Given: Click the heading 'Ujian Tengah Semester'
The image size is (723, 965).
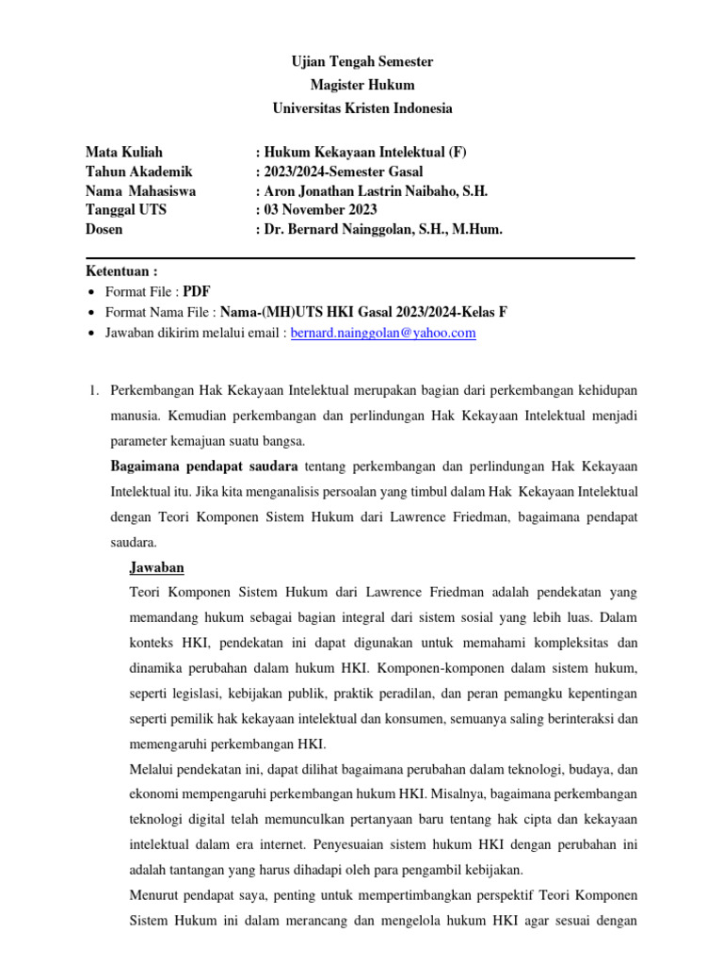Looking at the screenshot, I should pyautogui.click(x=361, y=61).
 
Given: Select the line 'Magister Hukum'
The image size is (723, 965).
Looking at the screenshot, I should pyautogui.click(x=361, y=85).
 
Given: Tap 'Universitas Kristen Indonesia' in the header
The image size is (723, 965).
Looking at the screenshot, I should pyautogui.click(x=361, y=108).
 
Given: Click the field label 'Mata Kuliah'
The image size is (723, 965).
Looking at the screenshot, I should pyautogui.click(x=123, y=152).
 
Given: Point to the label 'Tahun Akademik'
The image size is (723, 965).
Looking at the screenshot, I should pyautogui.click(x=138, y=171).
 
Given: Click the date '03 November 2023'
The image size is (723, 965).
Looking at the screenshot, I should pyautogui.click(x=320, y=209).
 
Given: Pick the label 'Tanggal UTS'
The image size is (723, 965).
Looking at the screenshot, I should pyautogui.click(x=126, y=209).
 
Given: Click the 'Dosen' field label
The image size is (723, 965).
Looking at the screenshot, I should pyautogui.click(x=104, y=228).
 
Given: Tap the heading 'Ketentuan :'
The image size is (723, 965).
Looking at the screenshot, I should pyautogui.click(x=121, y=271).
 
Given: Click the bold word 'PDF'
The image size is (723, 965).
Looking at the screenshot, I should pyautogui.click(x=197, y=291).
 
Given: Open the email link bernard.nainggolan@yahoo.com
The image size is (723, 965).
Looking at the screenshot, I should pyautogui.click(x=383, y=333).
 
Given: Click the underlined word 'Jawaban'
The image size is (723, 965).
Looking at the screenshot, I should pyautogui.click(x=155, y=567).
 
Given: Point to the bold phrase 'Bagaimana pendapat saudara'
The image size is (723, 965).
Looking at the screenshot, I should pyautogui.click(x=204, y=466).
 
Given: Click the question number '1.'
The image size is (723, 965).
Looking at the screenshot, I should pyautogui.click(x=91, y=389).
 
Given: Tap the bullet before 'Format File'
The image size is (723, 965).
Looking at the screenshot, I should pyautogui.click(x=90, y=292).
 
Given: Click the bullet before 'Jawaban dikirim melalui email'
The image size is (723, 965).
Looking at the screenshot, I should pyautogui.click(x=90, y=334).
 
